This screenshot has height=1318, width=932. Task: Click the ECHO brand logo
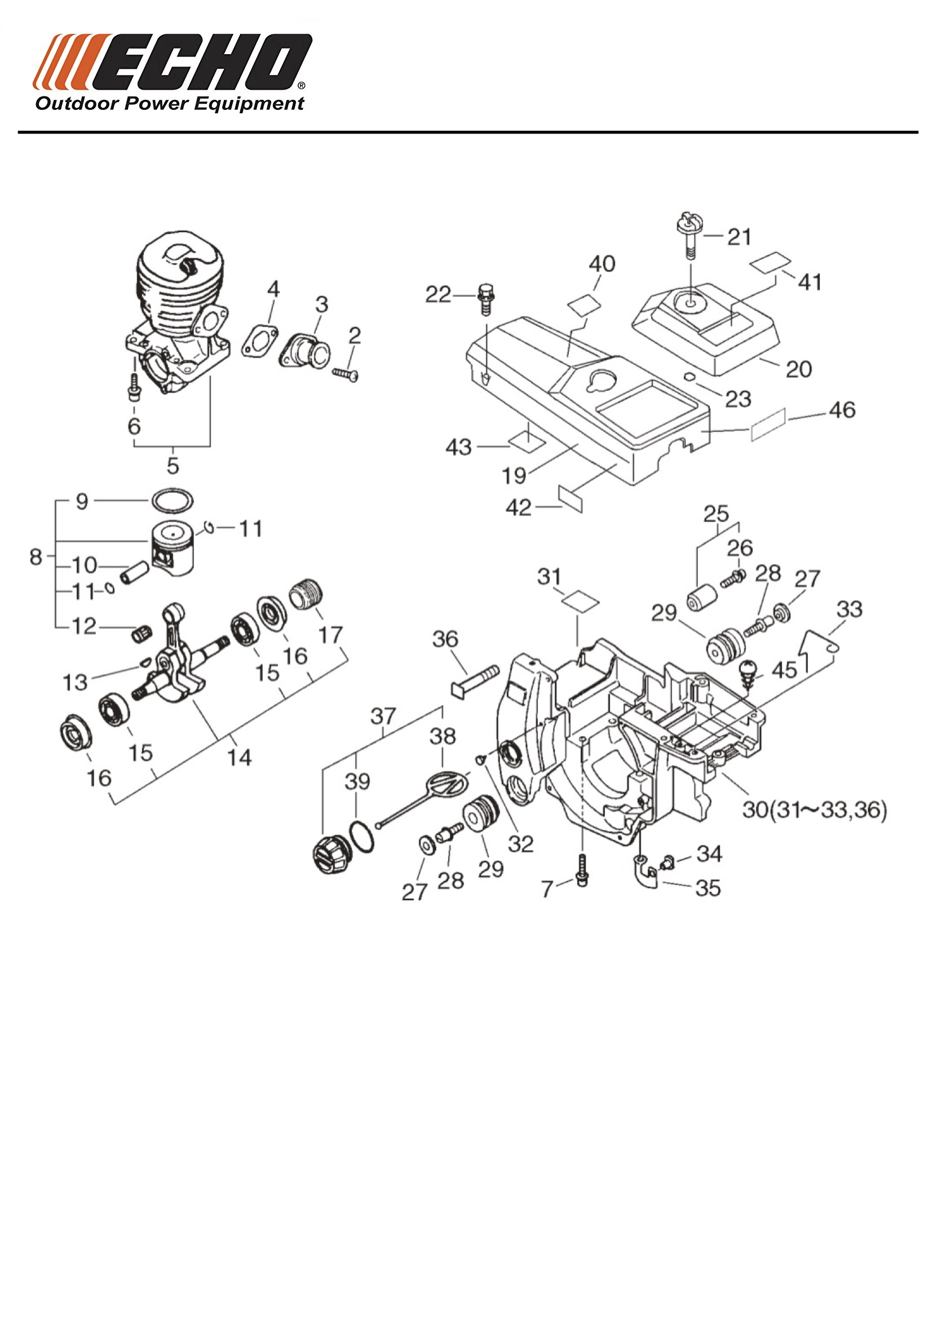173,62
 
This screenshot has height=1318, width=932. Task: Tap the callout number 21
739,236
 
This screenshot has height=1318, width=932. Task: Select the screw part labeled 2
346,374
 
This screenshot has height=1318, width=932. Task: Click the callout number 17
331,635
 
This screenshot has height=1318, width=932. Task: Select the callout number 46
842,410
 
